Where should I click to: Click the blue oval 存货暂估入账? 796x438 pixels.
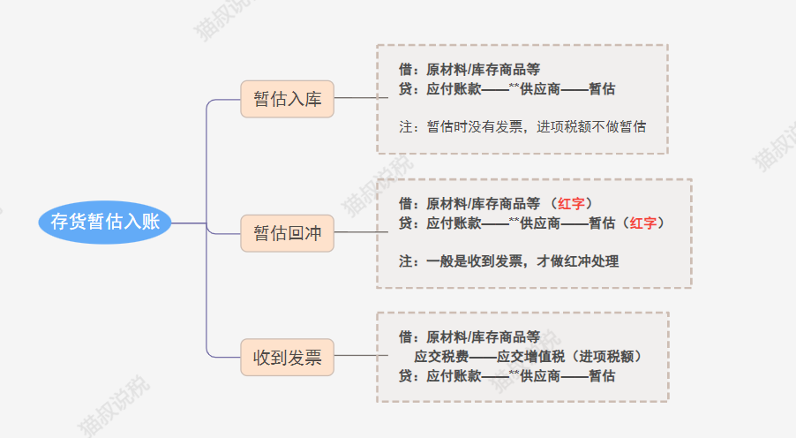coord(105,222)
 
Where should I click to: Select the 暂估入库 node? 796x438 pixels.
coord(288,99)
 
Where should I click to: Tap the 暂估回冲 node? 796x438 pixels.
coord(288,233)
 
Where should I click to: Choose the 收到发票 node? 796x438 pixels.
coord(288,358)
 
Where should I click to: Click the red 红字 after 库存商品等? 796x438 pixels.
coord(571,204)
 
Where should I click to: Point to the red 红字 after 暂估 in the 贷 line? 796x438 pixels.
coord(643,223)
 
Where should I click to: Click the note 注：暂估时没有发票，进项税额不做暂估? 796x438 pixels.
coord(522,126)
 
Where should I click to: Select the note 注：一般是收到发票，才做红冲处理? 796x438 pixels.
coord(508,261)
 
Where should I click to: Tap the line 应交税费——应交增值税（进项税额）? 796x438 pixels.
coord(528,356)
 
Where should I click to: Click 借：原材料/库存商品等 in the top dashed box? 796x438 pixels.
coord(469,69)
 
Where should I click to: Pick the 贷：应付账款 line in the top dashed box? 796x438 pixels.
coord(507,89)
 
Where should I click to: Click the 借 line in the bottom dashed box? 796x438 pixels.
coord(469,336)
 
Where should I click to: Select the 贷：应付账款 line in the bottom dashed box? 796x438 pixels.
coord(507,376)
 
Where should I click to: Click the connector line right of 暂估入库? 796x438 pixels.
coord(361,97)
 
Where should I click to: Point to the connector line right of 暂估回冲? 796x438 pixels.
coord(361,232)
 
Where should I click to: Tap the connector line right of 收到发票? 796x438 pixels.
coord(361,356)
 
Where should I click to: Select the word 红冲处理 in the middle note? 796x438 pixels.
coord(591,261)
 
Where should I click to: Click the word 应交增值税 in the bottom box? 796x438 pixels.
coord(530,356)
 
